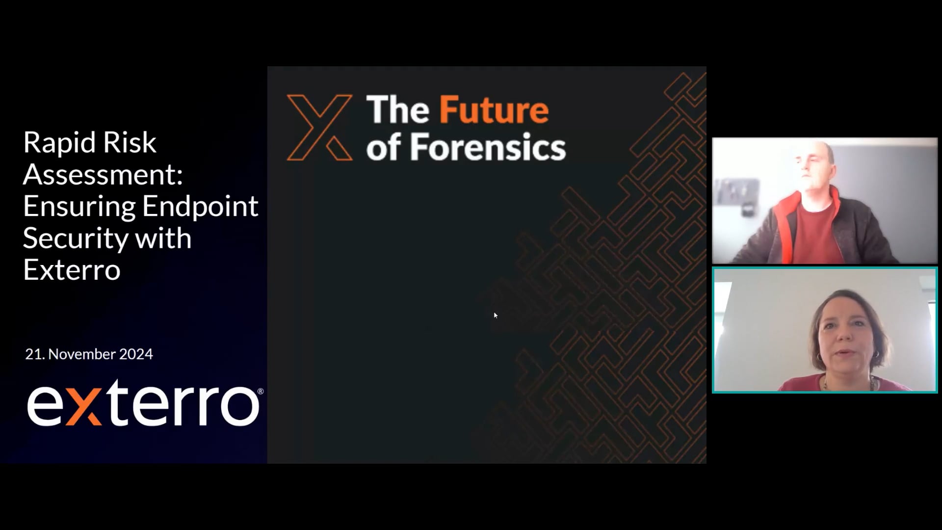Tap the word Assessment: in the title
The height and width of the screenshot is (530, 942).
(x=103, y=174)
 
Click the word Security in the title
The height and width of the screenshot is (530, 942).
(x=75, y=239)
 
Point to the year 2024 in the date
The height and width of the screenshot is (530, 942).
(x=136, y=354)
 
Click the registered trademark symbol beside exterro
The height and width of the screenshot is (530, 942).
(x=260, y=391)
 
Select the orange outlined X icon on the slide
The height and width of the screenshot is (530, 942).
(x=319, y=128)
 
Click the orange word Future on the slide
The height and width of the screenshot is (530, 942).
(x=494, y=110)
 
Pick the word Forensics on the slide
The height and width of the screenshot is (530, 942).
(x=488, y=147)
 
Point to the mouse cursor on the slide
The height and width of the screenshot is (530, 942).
(x=496, y=315)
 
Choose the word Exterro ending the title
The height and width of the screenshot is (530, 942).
(x=72, y=270)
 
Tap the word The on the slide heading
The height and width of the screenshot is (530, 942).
(x=397, y=110)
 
